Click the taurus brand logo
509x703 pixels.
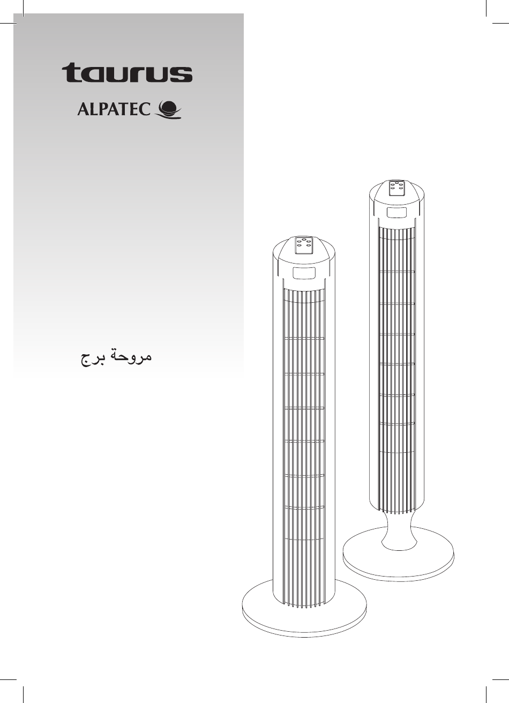127,72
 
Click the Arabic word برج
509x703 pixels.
91,358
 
